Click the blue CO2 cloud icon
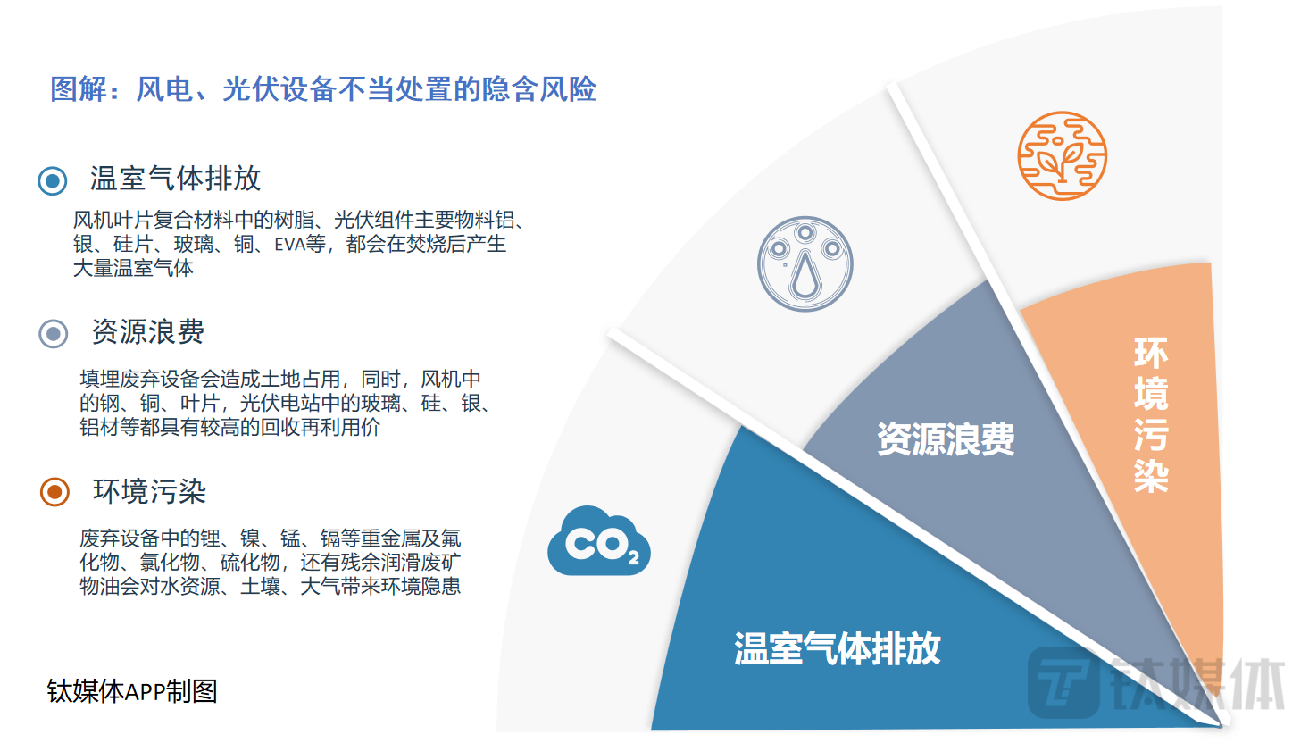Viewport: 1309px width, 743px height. click(599, 541)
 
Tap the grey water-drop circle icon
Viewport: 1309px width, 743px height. click(805, 264)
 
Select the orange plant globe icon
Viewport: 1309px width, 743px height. click(1063, 156)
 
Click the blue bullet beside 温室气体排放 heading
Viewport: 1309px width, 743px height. click(53, 180)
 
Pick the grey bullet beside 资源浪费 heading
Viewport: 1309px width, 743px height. click(54, 334)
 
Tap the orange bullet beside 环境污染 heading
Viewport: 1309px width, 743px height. click(55, 492)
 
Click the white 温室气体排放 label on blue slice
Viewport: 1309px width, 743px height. click(838, 648)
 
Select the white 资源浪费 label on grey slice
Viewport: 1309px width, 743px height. click(946, 439)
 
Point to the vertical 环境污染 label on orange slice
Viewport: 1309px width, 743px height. click(1151, 414)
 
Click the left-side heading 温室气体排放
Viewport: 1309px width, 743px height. click(175, 179)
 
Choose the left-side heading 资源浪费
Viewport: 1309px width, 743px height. click(148, 331)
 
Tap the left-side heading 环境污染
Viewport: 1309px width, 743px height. click(150, 491)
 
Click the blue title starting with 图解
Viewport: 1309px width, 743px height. click(323, 89)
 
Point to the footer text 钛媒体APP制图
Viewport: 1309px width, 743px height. click(132, 691)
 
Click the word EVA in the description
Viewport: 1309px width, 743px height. click(290, 244)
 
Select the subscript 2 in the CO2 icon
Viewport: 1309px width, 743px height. click(633, 557)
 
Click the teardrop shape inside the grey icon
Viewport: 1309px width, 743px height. click(805, 275)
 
